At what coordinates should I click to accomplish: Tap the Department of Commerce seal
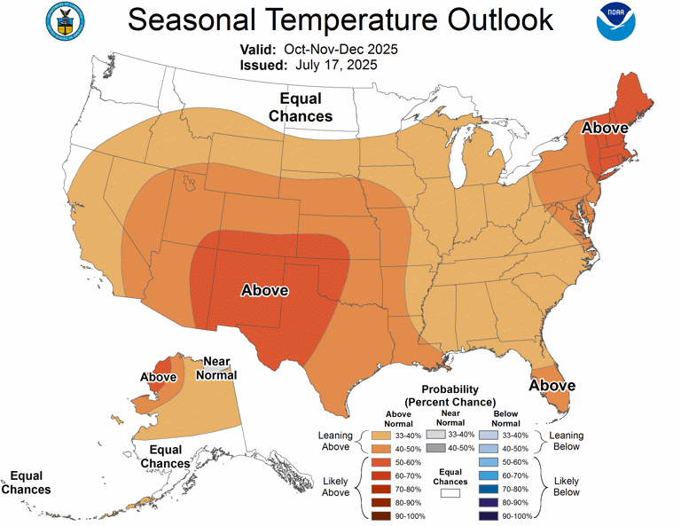coord(61,26)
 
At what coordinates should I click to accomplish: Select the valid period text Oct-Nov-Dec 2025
coord(341,49)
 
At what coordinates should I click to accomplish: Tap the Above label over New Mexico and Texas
coord(265,290)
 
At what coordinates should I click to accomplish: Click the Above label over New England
coord(605,129)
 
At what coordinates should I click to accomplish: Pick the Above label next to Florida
coord(552,386)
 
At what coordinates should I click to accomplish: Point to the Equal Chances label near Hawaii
coord(26,483)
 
